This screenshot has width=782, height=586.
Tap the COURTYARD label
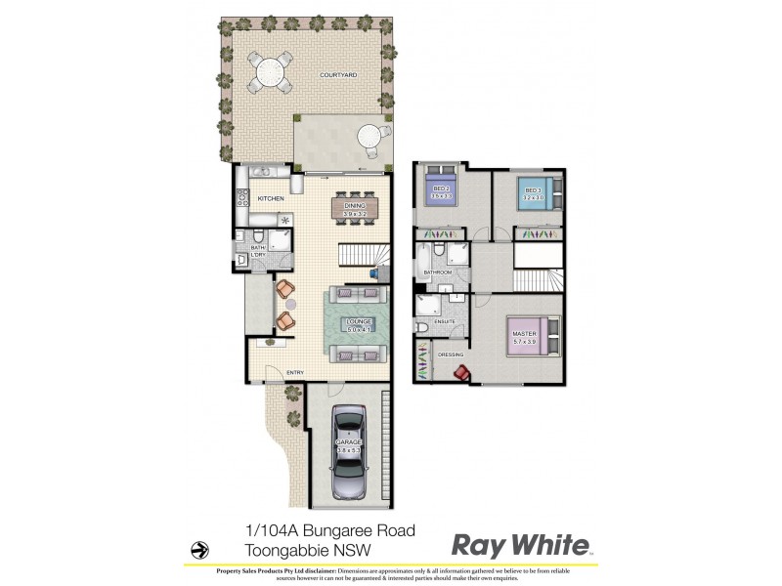coord(336,75)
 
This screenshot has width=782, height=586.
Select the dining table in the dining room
coord(354,206)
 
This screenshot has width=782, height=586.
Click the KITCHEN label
coord(271,199)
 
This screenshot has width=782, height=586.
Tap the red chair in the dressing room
coord(460,372)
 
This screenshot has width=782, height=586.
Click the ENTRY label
coord(294,372)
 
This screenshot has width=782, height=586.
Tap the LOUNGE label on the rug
coord(356,321)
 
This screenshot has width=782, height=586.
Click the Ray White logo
coord(520,545)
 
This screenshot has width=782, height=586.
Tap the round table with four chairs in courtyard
coord(268,71)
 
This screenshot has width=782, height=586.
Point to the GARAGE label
coord(349,441)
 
